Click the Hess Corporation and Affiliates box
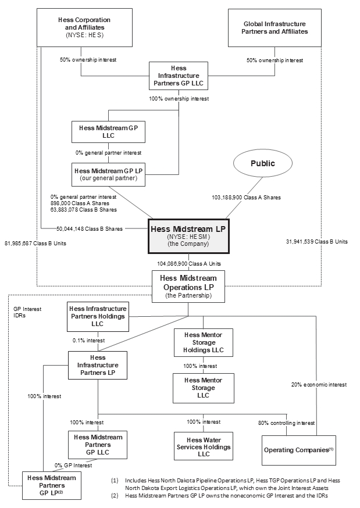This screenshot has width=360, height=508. coord(84,27)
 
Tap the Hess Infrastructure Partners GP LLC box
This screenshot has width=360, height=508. coord(179,76)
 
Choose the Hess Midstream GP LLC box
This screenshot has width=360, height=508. coord(108,131)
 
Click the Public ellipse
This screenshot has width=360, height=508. coord(262,163)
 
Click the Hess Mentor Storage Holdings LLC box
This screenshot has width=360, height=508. coord(203,342)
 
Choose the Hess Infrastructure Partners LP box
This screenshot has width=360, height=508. coord(97,366)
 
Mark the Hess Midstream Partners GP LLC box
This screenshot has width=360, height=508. coord(97,445)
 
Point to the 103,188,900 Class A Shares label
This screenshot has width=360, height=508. coord(246,198)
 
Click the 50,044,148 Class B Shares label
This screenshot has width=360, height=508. coord(90,228)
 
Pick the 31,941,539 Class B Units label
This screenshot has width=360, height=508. coord(317,241)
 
